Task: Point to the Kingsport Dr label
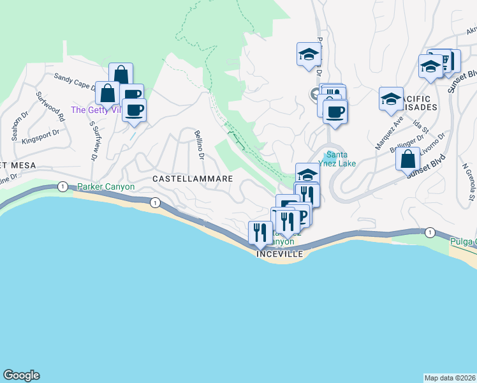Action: pyautogui.click(x=40, y=137)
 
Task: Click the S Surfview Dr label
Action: pyautogui.click(x=95, y=138)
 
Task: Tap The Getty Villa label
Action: pyautogui.click(x=96, y=110)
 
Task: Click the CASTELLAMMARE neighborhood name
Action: pyautogui.click(x=192, y=179)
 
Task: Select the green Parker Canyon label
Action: pyautogui.click(x=106, y=187)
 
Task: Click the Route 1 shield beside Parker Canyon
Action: pyautogui.click(x=62, y=186)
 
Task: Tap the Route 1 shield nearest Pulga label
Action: pyautogui.click(x=430, y=232)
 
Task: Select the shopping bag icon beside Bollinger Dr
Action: pyautogui.click(x=408, y=160)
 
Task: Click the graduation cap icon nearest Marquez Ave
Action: pyautogui.click(x=391, y=99)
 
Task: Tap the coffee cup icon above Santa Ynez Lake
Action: pyautogui.click(x=335, y=112)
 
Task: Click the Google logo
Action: pyautogui.click(x=21, y=375)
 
